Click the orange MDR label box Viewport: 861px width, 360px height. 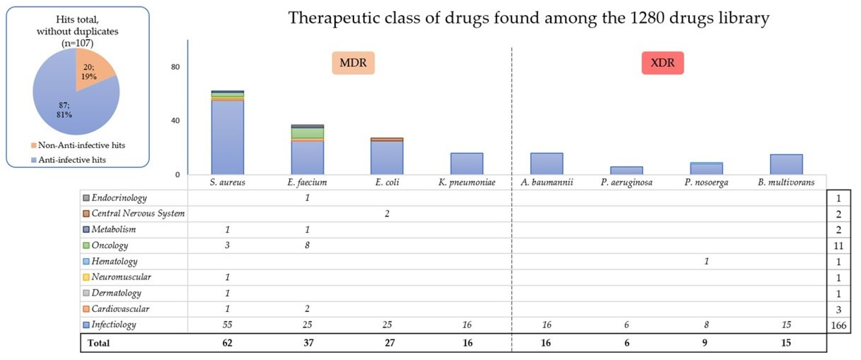tap(353, 63)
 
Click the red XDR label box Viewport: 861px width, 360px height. tap(663, 63)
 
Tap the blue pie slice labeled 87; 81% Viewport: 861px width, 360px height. tap(67, 107)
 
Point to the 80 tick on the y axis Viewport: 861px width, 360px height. tap(175, 67)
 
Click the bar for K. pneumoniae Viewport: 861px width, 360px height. tap(467, 164)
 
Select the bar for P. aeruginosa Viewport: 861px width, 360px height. tap(626, 170)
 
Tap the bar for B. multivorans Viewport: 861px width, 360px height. tap(786, 164)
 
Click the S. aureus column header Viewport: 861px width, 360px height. tap(227, 182)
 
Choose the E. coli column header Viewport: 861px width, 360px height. tap(387, 182)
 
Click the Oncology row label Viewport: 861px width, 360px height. tap(109, 245)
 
